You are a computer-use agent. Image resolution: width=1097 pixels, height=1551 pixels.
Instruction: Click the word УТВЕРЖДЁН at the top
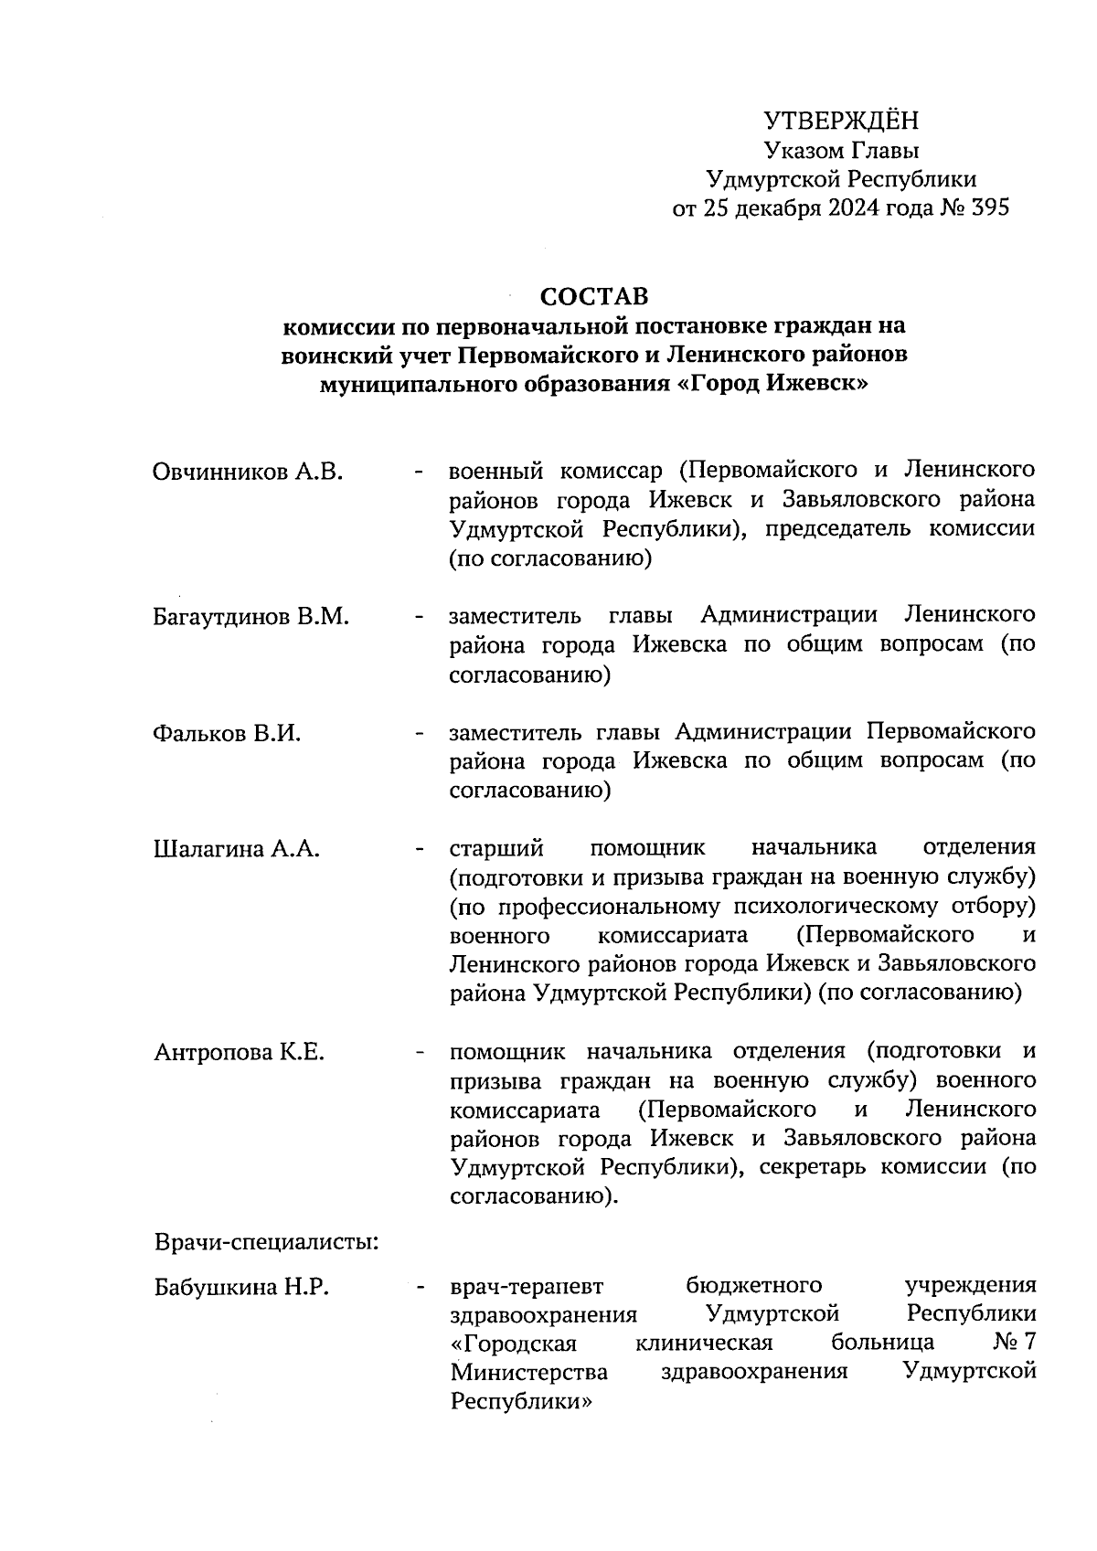coord(841,121)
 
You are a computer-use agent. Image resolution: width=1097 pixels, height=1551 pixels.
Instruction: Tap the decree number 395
coord(990,208)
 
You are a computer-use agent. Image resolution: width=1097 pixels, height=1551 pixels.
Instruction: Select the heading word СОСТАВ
coord(593,297)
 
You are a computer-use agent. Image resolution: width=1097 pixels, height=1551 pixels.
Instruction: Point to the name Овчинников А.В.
coord(248,472)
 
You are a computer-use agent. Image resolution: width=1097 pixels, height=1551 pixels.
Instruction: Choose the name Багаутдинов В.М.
coord(251,616)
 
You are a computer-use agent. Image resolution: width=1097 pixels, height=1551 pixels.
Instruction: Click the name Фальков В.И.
coord(227,733)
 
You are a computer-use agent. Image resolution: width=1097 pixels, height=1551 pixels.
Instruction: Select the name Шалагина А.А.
coord(237,849)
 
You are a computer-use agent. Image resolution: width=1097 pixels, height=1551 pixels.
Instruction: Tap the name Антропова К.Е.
coord(240,1052)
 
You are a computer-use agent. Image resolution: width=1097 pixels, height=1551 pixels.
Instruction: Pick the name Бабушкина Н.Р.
coord(242,1287)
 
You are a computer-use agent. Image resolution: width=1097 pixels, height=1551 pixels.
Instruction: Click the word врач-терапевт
coord(527,1287)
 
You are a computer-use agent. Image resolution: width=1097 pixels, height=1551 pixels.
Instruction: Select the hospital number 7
coord(1029,1344)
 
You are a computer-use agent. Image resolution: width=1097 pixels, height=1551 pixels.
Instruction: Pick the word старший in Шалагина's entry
coord(496,849)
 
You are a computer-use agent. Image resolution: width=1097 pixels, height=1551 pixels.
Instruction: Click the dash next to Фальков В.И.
coord(419,733)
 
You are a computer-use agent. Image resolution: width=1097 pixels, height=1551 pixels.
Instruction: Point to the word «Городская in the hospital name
coord(514,1344)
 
